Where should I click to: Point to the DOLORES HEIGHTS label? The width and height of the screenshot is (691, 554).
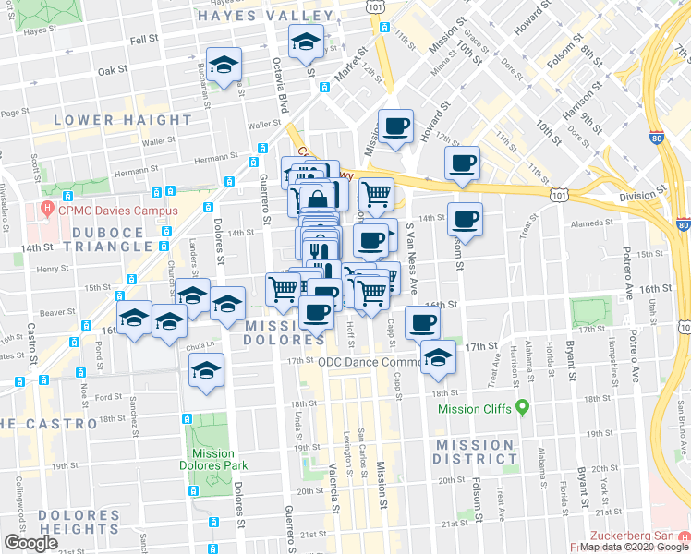67,522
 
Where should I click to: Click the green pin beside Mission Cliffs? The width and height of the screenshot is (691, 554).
522,406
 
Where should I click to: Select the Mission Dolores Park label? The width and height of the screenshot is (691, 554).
213,460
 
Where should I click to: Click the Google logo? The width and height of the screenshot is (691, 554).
30,542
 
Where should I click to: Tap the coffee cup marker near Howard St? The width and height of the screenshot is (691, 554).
396,126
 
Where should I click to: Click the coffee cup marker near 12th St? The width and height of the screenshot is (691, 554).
462,164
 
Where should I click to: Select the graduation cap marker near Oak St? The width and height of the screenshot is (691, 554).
224,66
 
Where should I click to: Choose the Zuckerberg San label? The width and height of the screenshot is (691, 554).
637,536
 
